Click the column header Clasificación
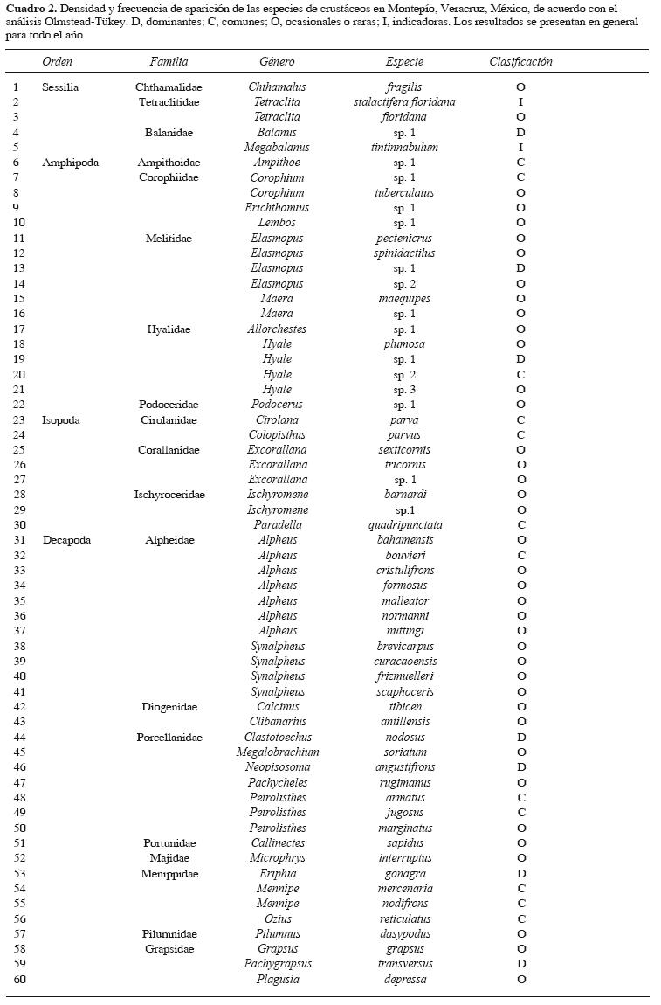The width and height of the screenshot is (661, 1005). point(520,62)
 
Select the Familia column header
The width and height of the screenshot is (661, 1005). point(169,62)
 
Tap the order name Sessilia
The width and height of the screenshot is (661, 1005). point(60,87)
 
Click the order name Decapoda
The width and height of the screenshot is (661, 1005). point(66,540)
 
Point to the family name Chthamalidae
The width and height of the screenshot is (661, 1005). point(169,87)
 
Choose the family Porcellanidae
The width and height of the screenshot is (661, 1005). point(169,738)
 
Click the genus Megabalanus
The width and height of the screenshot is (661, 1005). point(277,148)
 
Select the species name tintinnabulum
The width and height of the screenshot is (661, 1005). point(404,148)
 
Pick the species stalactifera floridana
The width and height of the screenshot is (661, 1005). point(404,102)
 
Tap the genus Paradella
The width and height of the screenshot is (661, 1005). point(277,525)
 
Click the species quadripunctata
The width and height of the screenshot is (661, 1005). point(404,525)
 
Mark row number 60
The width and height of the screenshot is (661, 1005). point(19,980)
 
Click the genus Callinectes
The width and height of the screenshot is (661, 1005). point(277,843)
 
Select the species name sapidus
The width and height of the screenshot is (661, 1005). point(404,843)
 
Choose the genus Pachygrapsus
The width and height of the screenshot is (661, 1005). point(277,964)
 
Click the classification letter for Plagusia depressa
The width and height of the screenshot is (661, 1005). point(520,980)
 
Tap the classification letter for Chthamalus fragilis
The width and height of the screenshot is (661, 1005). point(520,87)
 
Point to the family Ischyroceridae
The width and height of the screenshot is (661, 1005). point(169,495)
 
